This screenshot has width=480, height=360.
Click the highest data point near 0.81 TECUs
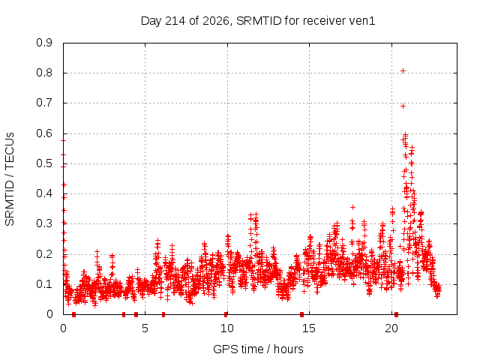pyautogui.click(x=403, y=71)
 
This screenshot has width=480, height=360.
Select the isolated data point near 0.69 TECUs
pyautogui.click(x=403, y=106)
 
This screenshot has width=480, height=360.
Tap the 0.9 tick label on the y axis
pyautogui.click(x=44, y=43)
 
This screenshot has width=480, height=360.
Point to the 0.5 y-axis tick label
pyautogui.click(x=44, y=163)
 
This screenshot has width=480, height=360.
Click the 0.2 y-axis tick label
pyautogui.click(x=44, y=254)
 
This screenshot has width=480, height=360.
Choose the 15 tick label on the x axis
pyautogui.click(x=309, y=328)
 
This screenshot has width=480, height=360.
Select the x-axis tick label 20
pyautogui.click(x=391, y=328)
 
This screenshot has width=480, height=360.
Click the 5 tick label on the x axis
pyautogui.click(x=145, y=328)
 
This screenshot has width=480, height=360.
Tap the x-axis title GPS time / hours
pyautogui.click(x=258, y=349)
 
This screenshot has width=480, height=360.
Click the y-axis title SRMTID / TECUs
pyautogui.click(x=10, y=179)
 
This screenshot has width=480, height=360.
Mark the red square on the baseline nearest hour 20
pyautogui.click(x=397, y=314)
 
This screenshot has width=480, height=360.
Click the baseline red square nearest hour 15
pyautogui.click(x=301, y=314)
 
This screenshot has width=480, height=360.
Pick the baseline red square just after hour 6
pyautogui.click(x=163, y=314)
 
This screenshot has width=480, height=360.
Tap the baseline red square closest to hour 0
pyautogui.click(x=73, y=314)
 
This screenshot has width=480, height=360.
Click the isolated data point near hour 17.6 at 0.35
pyautogui.click(x=353, y=208)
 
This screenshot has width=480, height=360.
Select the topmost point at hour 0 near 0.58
pyautogui.click(x=63, y=140)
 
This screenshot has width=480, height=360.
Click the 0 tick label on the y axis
pyautogui.click(x=50, y=314)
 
